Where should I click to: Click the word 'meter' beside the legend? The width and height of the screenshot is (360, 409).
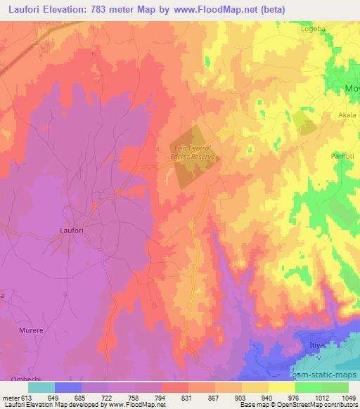[10, 397]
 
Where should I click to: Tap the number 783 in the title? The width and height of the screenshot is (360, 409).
[125, 10]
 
